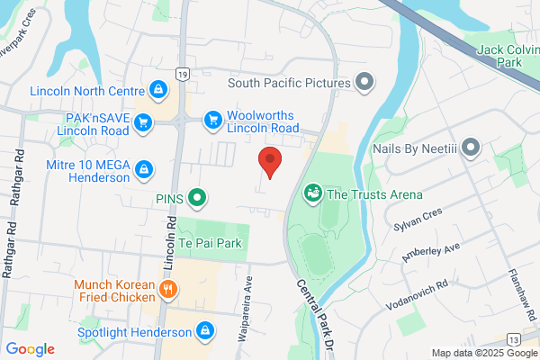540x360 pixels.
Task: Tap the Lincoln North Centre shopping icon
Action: coord(157,90)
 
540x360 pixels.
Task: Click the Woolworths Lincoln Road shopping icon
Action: coord(212,119)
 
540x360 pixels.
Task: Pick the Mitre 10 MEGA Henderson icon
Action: coord(143,168)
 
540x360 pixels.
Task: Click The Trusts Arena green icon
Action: coord(313,193)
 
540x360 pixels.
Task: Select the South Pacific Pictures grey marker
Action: coord(364,83)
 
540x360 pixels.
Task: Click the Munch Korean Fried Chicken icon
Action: coord(168,290)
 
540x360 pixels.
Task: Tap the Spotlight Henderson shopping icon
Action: coord(206,331)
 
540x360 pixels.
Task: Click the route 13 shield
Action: coord(512,338)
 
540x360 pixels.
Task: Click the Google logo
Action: coord(30,349)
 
